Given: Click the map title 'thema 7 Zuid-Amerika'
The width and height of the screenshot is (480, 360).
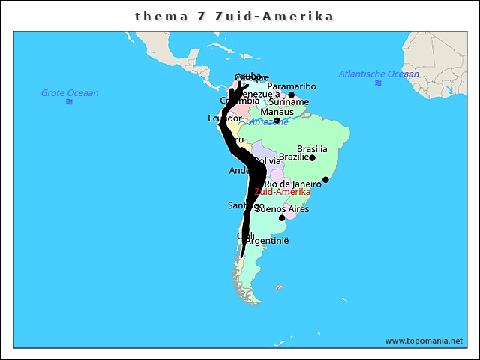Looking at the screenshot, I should tap(234, 16).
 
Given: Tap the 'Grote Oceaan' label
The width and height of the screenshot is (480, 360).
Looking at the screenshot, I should tap(70, 93).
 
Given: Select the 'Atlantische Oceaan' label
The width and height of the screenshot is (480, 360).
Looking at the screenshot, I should tap(379, 73).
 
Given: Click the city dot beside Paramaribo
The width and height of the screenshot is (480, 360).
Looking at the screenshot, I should tap(292, 94).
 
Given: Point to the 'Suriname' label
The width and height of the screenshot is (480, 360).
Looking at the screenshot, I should tap(289, 101).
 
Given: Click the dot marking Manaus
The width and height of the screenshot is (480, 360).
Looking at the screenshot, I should tap(277, 121).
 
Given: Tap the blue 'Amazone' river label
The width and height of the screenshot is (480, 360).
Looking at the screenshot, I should tap(268, 121).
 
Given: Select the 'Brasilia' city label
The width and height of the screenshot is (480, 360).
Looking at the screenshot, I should tap(312, 149).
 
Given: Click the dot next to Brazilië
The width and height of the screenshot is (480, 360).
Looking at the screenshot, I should tap(312, 157).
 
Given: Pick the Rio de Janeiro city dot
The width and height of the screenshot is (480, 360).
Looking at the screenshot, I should tap(325, 179).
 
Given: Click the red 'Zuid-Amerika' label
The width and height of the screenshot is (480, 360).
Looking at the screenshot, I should tap(283, 192).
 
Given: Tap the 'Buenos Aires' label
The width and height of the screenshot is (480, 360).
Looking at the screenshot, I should tap(282, 209).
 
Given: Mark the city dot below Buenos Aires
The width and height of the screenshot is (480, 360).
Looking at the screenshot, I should tap(282, 218).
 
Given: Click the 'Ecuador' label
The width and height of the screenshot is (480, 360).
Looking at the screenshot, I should tap(225, 118).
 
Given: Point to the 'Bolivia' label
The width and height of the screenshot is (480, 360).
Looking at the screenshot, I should tap(268, 160).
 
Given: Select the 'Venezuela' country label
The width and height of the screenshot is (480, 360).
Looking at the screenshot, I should tap(259, 94).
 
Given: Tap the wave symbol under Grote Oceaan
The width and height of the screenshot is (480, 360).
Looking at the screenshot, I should tap(69, 101).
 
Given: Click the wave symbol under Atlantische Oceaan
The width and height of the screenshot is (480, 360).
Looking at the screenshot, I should tap(379, 82).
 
